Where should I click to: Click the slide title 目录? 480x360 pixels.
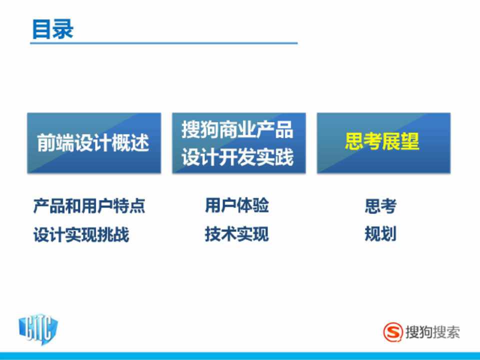pyautogui.click(x=52, y=29)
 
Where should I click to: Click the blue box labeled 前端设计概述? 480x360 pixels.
pyautogui.click(x=94, y=143)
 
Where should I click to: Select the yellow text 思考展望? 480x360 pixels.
pyautogui.click(x=382, y=141)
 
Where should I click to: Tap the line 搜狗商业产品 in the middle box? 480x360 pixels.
pyautogui.click(x=237, y=129)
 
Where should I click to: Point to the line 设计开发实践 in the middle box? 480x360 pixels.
pyautogui.click(x=237, y=157)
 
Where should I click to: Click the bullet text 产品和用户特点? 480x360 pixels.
pyautogui.click(x=89, y=205)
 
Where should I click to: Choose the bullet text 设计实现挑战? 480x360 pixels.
pyautogui.click(x=81, y=235)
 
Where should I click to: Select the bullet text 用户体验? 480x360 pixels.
pyautogui.click(x=237, y=205)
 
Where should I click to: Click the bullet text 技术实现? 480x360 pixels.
pyautogui.click(x=237, y=234)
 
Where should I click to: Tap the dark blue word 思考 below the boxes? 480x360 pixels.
pyautogui.click(x=381, y=205)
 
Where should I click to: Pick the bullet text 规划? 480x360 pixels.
pyautogui.click(x=381, y=234)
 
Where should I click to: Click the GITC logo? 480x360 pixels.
pyautogui.click(x=38, y=329)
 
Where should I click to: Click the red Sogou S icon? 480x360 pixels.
pyautogui.click(x=393, y=332)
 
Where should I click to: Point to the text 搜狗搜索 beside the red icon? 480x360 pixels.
pyautogui.click(x=432, y=332)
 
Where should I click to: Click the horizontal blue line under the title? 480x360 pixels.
pyautogui.click(x=164, y=43)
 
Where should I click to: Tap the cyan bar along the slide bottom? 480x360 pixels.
pyautogui.click(x=240, y=356)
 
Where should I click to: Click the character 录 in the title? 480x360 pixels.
pyautogui.click(x=63, y=29)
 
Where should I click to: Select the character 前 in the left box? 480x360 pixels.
pyautogui.click(x=46, y=143)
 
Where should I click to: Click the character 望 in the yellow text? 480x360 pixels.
pyautogui.click(x=410, y=141)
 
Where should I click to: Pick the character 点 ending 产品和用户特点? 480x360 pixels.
pyautogui.click(x=137, y=205)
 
